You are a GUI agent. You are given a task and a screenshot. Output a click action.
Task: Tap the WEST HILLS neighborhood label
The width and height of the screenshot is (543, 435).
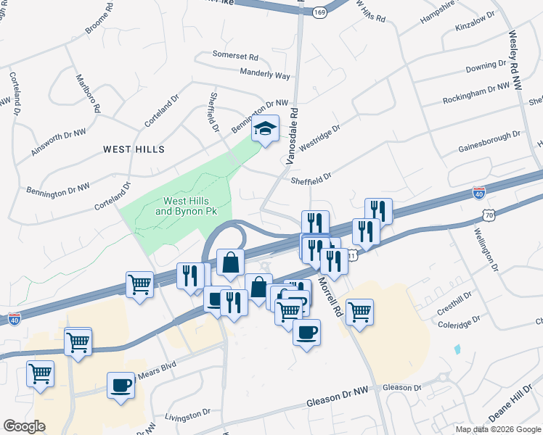[x=134, y=149]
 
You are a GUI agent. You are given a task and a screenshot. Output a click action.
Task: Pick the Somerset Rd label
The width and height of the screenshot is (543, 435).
[x=235, y=55]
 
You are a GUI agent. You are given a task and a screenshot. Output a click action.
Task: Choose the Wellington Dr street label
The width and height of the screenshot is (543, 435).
[x=487, y=249]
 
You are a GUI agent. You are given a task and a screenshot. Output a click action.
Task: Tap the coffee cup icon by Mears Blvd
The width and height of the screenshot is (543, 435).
[x=121, y=384]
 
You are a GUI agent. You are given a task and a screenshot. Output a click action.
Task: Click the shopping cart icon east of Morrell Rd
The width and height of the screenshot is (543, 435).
[x=359, y=312]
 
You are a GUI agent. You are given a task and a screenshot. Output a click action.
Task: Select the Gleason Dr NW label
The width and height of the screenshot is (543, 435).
[x=337, y=397]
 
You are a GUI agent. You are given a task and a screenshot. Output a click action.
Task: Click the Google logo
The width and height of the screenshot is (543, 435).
[x=24, y=426]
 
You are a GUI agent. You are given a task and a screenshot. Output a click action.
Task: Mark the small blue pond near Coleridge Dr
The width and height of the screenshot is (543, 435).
[x=457, y=349]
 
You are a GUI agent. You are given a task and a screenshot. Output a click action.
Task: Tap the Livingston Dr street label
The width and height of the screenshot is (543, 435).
[x=187, y=415]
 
